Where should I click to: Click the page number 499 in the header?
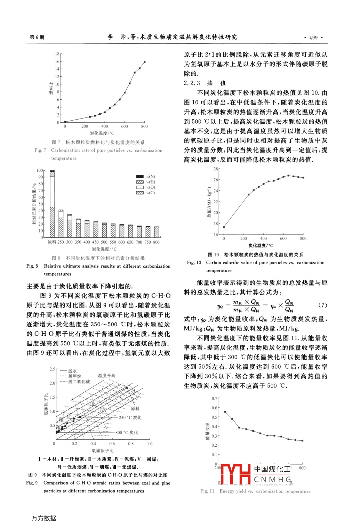click(313, 38)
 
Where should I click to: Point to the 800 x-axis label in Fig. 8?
click(157, 242)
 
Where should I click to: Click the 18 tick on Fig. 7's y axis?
click(57, 54)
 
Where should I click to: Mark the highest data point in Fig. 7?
click(145, 62)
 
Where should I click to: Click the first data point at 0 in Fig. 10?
click(224, 227)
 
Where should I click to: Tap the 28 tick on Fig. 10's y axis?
click(216, 169)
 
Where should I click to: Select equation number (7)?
click(323, 305)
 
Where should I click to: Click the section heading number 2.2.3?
click(192, 83)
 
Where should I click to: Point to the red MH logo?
click(235, 474)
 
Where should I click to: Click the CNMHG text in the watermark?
click(273, 480)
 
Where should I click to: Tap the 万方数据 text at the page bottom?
click(44, 518)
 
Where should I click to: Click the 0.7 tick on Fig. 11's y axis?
click(214, 399)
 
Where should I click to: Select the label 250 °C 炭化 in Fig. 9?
click(130, 417)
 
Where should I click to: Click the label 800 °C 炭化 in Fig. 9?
click(127, 433)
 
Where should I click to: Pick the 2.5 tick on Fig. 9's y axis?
click(52, 369)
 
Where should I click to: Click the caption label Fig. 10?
click(194, 263)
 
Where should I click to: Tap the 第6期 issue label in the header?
click(37, 37)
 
